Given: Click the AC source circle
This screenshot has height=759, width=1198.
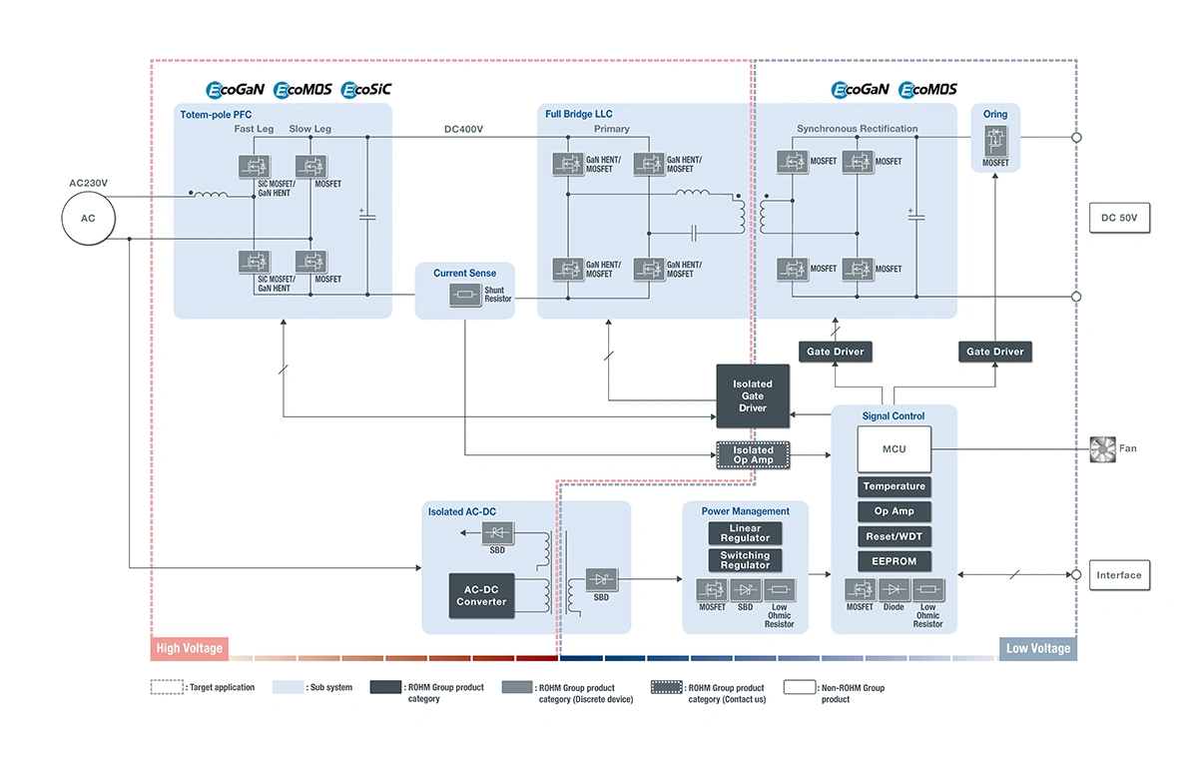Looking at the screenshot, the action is coord(88,219).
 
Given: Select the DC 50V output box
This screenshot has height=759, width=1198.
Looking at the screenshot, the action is coord(1119,218).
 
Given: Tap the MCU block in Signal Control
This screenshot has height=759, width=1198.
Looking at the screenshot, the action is coord(894,448).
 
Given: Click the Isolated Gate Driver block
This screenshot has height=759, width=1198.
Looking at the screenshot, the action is coord(753,395).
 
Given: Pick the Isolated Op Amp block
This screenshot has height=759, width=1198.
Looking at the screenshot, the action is coord(753,455).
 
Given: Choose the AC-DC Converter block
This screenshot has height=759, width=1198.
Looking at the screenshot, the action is coord(481,595).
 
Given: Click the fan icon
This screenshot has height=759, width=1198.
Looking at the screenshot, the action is coord(1102,449).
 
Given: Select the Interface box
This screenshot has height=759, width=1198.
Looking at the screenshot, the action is coord(1119,575).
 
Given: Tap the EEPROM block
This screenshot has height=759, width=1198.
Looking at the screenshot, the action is coord(895,561).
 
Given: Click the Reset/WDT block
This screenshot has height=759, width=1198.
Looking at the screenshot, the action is coord(895,536).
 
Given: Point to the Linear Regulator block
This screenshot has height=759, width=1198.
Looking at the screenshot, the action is coord(745,532).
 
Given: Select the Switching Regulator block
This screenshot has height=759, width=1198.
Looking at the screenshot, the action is coord(745,560).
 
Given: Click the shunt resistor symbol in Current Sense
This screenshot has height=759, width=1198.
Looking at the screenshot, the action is coord(465,295).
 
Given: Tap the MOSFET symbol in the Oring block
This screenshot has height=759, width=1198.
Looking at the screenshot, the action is coord(995,140).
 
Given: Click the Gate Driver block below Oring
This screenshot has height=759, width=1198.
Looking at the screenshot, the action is coord(994,352).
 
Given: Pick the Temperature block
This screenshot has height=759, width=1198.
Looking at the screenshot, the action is coord(895,486).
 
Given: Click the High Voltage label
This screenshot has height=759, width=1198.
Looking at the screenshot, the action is coord(190,648).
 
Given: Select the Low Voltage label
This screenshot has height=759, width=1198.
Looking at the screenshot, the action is coord(1038,648).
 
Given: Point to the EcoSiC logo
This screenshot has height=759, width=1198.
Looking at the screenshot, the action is coord(366,89).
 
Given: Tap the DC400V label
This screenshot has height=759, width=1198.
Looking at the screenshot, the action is coord(463,129).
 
